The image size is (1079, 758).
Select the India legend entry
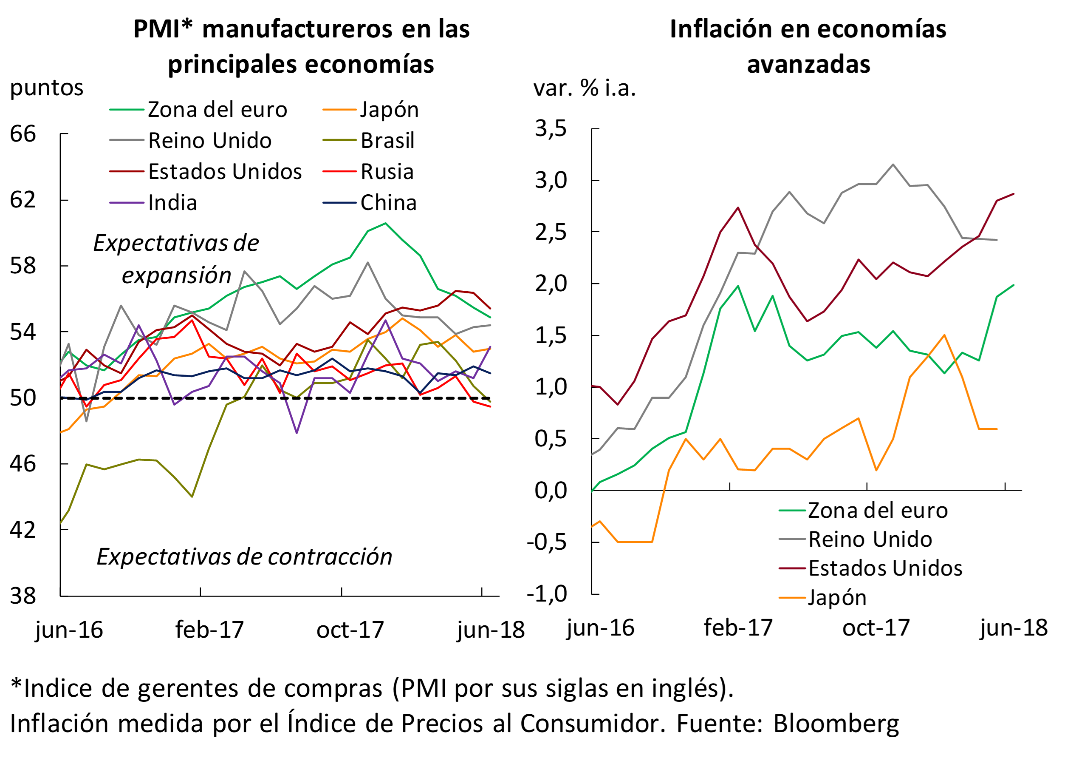(x=172, y=203)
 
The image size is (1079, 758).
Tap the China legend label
(x=388, y=203)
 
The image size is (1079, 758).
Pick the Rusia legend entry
(x=387, y=172)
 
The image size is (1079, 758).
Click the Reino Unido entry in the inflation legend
(x=870, y=539)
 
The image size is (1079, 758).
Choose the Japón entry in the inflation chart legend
(x=837, y=598)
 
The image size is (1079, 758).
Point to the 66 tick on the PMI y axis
(x=23, y=134)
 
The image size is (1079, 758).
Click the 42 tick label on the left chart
(x=23, y=530)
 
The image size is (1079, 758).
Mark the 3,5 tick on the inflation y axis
(x=551, y=128)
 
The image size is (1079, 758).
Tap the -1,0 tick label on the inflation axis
(x=547, y=594)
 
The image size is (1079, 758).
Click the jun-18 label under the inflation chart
(x=1014, y=628)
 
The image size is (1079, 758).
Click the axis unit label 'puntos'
(x=47, y=88)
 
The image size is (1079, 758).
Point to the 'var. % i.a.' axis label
(x=584, y=88)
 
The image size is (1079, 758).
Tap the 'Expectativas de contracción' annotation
(x=244, y=557)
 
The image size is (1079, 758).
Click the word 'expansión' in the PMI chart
(x=177, y=275)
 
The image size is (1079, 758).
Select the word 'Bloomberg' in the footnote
(x=836, y=724)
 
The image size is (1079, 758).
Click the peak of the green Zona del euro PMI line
(x=385, y=223)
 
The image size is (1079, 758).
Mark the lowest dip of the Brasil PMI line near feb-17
(x=192, y=497)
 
